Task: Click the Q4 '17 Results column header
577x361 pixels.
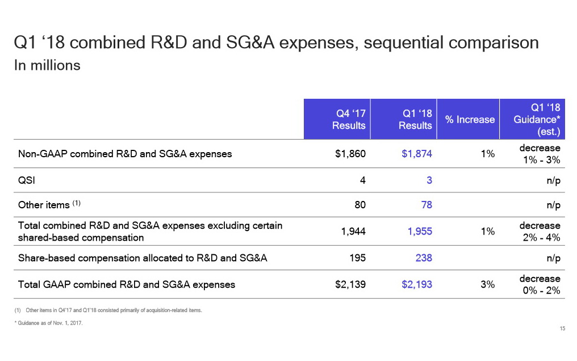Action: point(348,119)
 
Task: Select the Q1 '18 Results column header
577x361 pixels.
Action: point(415,119)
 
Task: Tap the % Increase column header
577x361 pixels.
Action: point(470,119)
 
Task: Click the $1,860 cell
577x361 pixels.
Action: point(350,153)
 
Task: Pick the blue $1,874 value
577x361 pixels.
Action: point(417,153)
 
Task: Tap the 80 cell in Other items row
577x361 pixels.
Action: point(359,204)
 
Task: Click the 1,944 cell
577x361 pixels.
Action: point(353,231)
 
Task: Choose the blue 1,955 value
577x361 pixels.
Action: point(420,231)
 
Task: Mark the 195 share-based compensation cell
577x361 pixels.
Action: point(357,258)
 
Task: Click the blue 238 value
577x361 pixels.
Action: point(423,258)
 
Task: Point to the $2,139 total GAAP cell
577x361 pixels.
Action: point(350,284)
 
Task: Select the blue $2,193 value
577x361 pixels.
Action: point(417,284)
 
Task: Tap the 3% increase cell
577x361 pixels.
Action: point(487,284)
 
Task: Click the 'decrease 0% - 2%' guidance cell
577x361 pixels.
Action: point(540,284)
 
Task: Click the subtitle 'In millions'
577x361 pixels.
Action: point(47,65)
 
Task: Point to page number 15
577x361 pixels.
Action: point(562,329)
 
